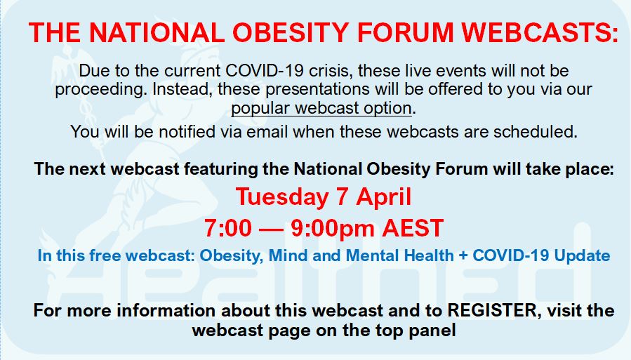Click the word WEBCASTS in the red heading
(539, 32)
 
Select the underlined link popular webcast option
(321, 108)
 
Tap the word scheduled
(536, 131)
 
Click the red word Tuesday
(282, 198)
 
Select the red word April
(383, 198)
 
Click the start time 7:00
(228, 228)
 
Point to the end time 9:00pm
(333, 229)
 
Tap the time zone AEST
(413, 228)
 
